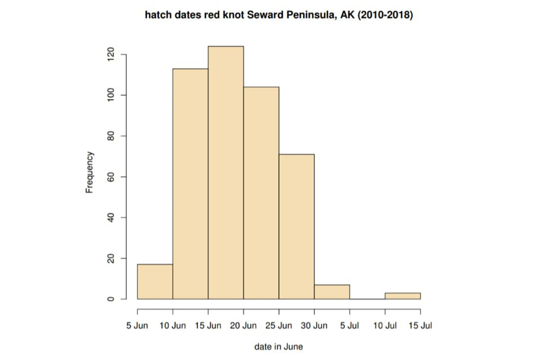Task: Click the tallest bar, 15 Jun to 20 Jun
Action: tap(226, 173)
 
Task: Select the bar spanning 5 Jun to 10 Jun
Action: tap(155, 282)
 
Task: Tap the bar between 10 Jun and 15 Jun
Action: tap(190, 184)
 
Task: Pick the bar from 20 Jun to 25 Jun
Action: tap(261, 193)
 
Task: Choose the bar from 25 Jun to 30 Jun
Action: tap(297, 227)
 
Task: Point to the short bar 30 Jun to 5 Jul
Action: tap(332, 292)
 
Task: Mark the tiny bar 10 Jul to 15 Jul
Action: tap(403, 296)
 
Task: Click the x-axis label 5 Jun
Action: tap(137, 326)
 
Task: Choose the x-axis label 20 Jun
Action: tap(243, 326)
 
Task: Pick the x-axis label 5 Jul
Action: tap(350, 326)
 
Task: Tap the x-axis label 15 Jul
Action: tap(420, 326)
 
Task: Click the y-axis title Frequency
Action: tap(90, 172)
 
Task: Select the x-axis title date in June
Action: tap(279, 346)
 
